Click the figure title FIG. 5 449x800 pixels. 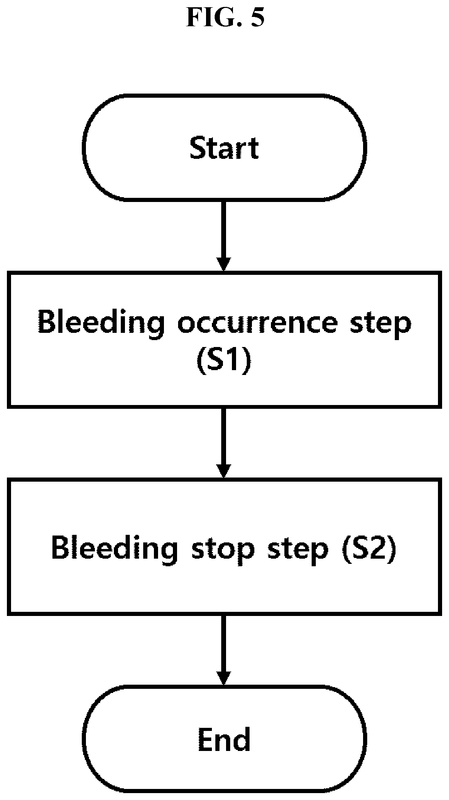click(x=225, y=18)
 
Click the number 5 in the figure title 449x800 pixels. click(x=257, y=18)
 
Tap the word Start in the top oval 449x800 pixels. click(x=224, y=148)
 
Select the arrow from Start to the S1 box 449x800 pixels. click(x=224, y=236)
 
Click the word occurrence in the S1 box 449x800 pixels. click(x=257, y=322)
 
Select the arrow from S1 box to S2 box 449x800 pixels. click(x=224, y=443)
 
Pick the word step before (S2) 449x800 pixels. click(x=298, y=549)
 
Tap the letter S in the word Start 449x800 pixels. click(x=197, y=148)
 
